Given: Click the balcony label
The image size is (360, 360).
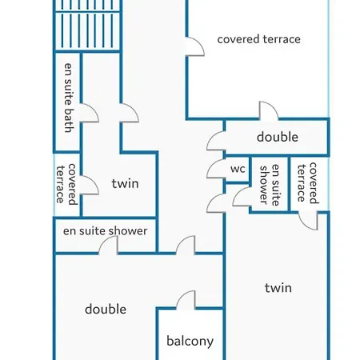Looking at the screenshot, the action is [190, 341].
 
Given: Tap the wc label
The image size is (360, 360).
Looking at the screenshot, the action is [238, 169].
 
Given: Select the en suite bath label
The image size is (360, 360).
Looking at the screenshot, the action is [69, 98].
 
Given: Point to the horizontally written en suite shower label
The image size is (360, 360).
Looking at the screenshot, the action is [105, 231].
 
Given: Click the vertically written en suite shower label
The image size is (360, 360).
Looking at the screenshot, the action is [270, 185].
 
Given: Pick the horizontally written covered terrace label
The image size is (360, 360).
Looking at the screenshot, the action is [258, 39].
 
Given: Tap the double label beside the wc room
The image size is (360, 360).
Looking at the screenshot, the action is [278, 137].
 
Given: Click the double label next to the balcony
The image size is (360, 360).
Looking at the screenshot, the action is [106, 310].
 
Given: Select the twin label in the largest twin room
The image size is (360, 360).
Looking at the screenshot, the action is [278, 288].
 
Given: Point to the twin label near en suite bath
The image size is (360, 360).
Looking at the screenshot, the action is [125, 184].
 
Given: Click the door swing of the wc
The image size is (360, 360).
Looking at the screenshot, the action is [215, 169].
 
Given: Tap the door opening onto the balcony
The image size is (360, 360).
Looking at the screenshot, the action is [186, 300].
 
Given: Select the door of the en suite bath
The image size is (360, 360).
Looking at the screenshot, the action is [90, 113].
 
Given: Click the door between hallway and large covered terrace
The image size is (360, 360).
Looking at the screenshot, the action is [195, 46].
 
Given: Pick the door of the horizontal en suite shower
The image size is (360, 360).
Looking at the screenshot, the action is [108, 245].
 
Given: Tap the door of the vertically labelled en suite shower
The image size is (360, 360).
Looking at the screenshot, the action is [242, 197].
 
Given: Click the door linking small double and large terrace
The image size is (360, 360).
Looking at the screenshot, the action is [269, 110].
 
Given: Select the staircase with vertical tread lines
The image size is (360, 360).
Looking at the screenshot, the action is [88, 26].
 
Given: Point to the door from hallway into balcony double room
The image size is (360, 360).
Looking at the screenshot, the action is [186, 245].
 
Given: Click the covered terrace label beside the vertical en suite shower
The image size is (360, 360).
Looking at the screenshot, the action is [307, 183].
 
